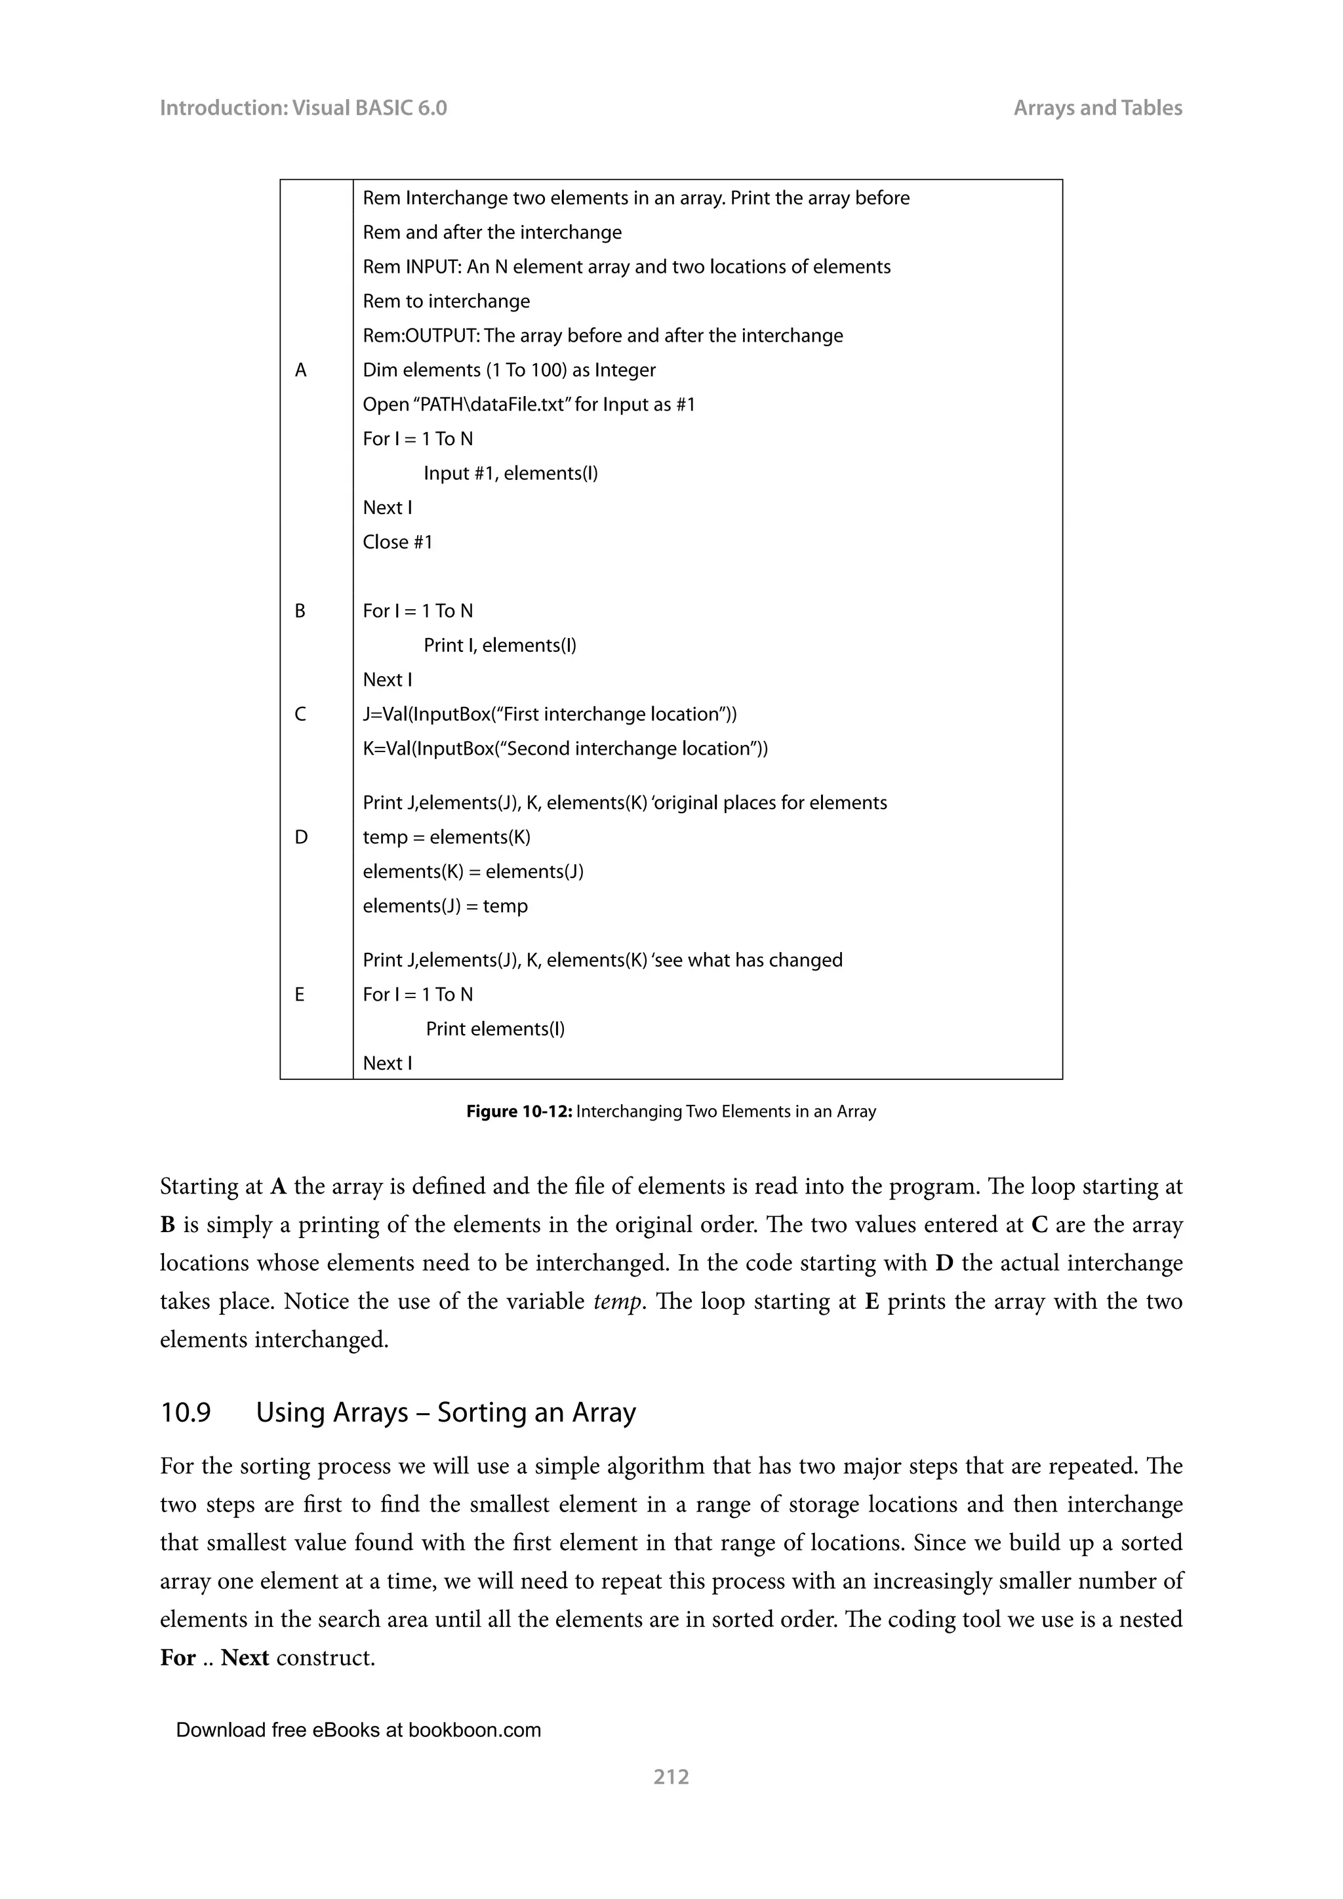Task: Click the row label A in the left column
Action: tap(300, 370)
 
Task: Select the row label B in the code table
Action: tap(300, 611)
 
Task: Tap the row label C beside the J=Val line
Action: tap(300, 715)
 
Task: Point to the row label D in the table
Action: tap(300, 838)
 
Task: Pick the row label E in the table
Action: tap(300, 995)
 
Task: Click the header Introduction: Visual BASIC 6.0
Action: tap(303, 108)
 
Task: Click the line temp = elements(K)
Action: tap(447, 838)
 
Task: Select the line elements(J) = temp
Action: tap(445, 906)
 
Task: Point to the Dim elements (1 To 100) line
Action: tap(509, 370)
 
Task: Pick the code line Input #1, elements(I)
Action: tap(510, 474)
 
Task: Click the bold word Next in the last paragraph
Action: tap(245, 1658)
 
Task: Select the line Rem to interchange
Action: tap(446, 302)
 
